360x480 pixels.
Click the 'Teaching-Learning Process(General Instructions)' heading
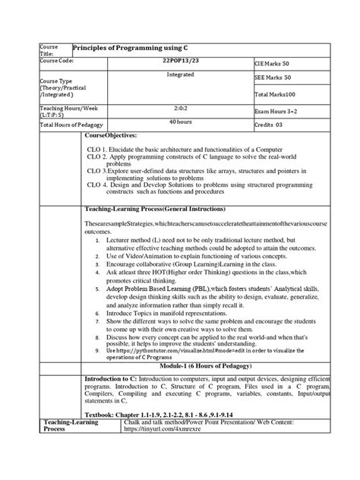point(161,207)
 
